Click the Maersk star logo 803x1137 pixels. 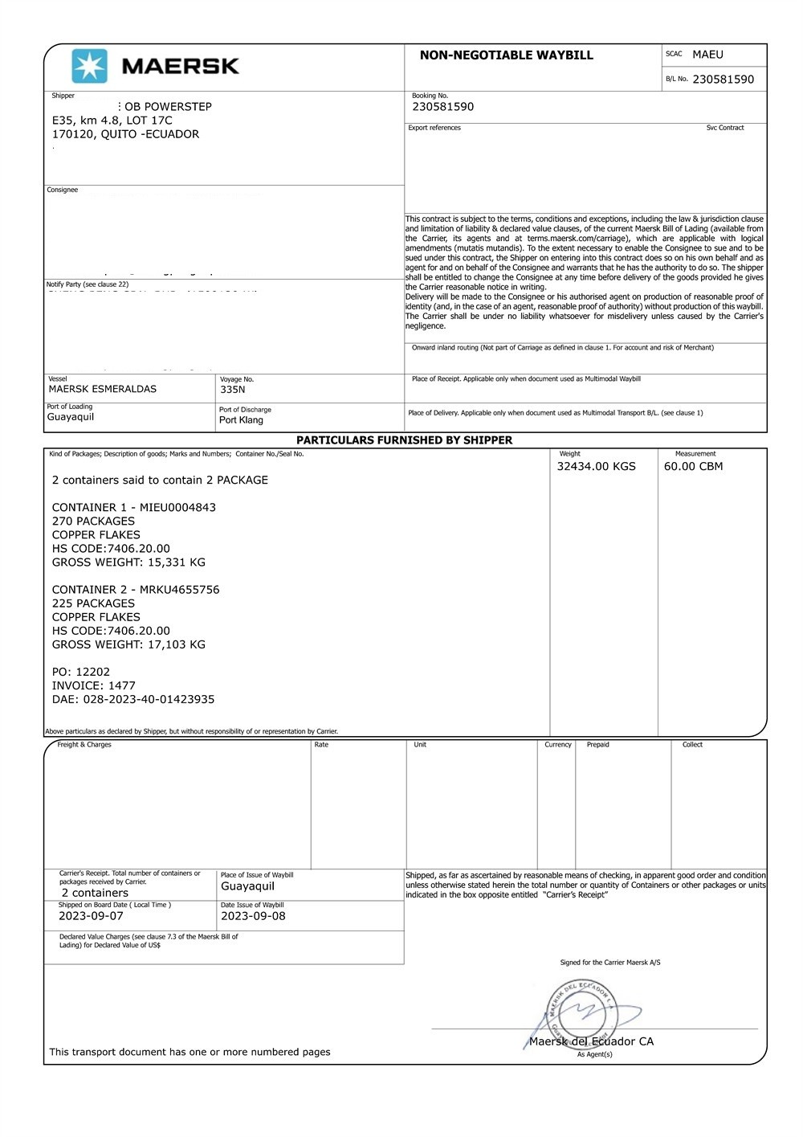[89, 66]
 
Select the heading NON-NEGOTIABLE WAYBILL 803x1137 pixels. [506, 55]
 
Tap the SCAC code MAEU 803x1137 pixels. [707, 55]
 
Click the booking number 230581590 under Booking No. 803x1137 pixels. [442, 107]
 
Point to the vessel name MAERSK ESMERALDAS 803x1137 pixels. [103, 389]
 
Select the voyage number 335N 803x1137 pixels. [233, 390]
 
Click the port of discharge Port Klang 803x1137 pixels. [241, 420]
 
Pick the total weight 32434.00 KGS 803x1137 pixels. [596, 466]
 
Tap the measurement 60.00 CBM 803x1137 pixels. [693, 466]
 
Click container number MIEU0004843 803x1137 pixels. [177, 508]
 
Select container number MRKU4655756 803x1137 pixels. [179, 590]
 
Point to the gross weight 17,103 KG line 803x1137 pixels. [128, 644]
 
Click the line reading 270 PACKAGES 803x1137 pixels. [93, 521]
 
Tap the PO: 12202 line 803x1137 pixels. [81, 672]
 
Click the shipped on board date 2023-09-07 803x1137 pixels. [91, 916]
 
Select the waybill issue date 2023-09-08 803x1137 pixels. [253, 916]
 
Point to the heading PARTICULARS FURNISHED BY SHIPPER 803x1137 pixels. [404, 440]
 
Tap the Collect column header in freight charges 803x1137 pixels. [692, 745]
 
